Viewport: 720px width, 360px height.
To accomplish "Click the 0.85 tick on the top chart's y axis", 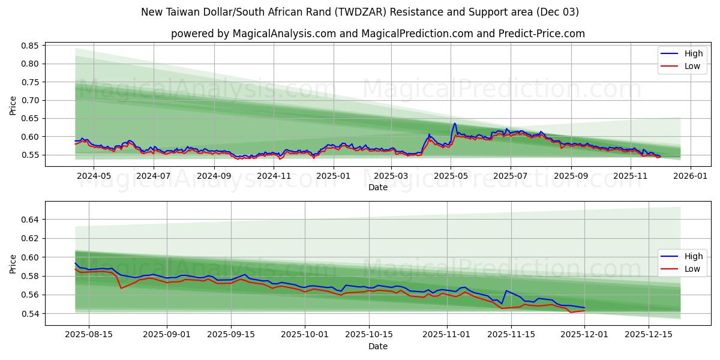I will click(x=30, y=46).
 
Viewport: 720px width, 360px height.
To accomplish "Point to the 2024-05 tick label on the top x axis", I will click(x=94, y=176).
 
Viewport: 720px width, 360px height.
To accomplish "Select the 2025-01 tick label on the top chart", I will click(x=332, y=176).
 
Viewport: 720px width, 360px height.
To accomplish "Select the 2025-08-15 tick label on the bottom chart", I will click(x=89, y=335).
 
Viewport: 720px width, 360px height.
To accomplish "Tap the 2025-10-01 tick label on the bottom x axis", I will click(x=305, y=335).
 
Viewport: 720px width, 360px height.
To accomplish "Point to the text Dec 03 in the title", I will click(x=557, y=12).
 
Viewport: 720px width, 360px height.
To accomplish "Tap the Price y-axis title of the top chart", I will click(x=13, y=106).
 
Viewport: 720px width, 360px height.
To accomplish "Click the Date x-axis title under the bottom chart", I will click(x=377, y=346).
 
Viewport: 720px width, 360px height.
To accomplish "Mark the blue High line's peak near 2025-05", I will click(x=454, y=124).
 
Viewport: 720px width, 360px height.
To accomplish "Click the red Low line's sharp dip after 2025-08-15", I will click(x=121, y=288).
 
